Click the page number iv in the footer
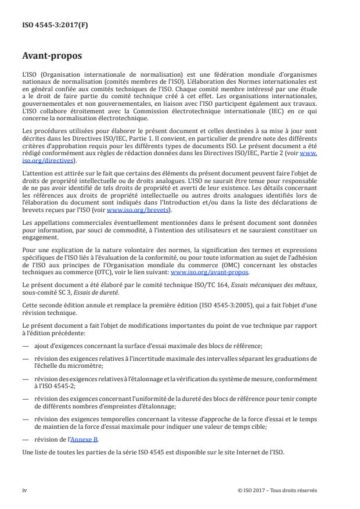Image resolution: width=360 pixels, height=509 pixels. pos(25,490)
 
